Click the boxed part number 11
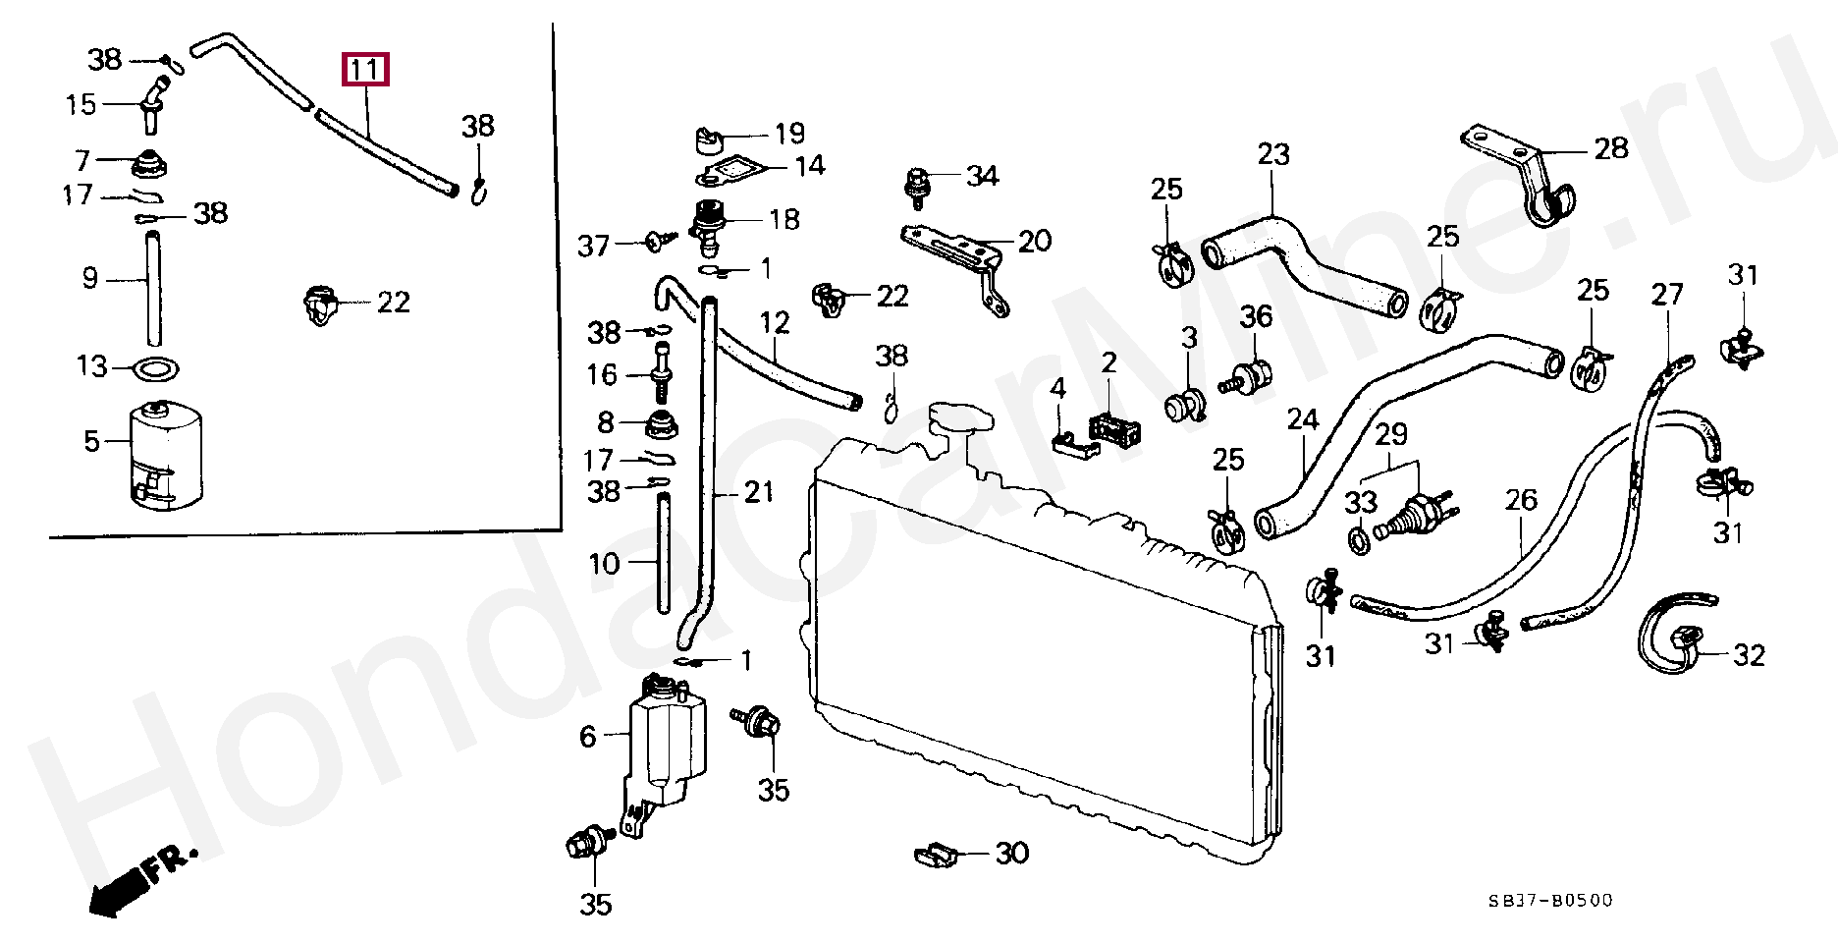pyautogui.click(x=364, y=70)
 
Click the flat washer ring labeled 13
pyautogui.click(x=155, y=370)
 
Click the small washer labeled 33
pyautogui.click(x=1360, y=540)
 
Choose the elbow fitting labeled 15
pyautogui.click(x=152, y=102)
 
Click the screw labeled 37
pyautogui.click(x=658, y=240)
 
